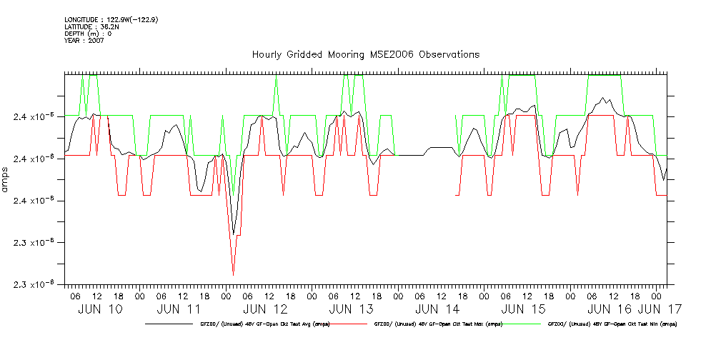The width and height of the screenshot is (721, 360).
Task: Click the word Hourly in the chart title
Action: [267, 55]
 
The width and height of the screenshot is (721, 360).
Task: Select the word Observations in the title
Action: [449, 55]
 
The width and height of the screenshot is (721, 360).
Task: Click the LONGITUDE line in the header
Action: [111, 19]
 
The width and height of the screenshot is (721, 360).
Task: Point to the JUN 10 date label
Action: [101, 309]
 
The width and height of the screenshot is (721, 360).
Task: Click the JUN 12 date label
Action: [265, 309]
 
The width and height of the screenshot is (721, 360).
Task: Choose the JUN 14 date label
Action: [437, 309]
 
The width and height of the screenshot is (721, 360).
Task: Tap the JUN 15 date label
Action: [523, 309]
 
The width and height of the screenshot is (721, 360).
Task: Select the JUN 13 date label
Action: [351, 309]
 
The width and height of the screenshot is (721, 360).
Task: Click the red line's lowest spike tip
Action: [233, 275]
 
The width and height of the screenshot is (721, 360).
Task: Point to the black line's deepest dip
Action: [233, 234]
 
